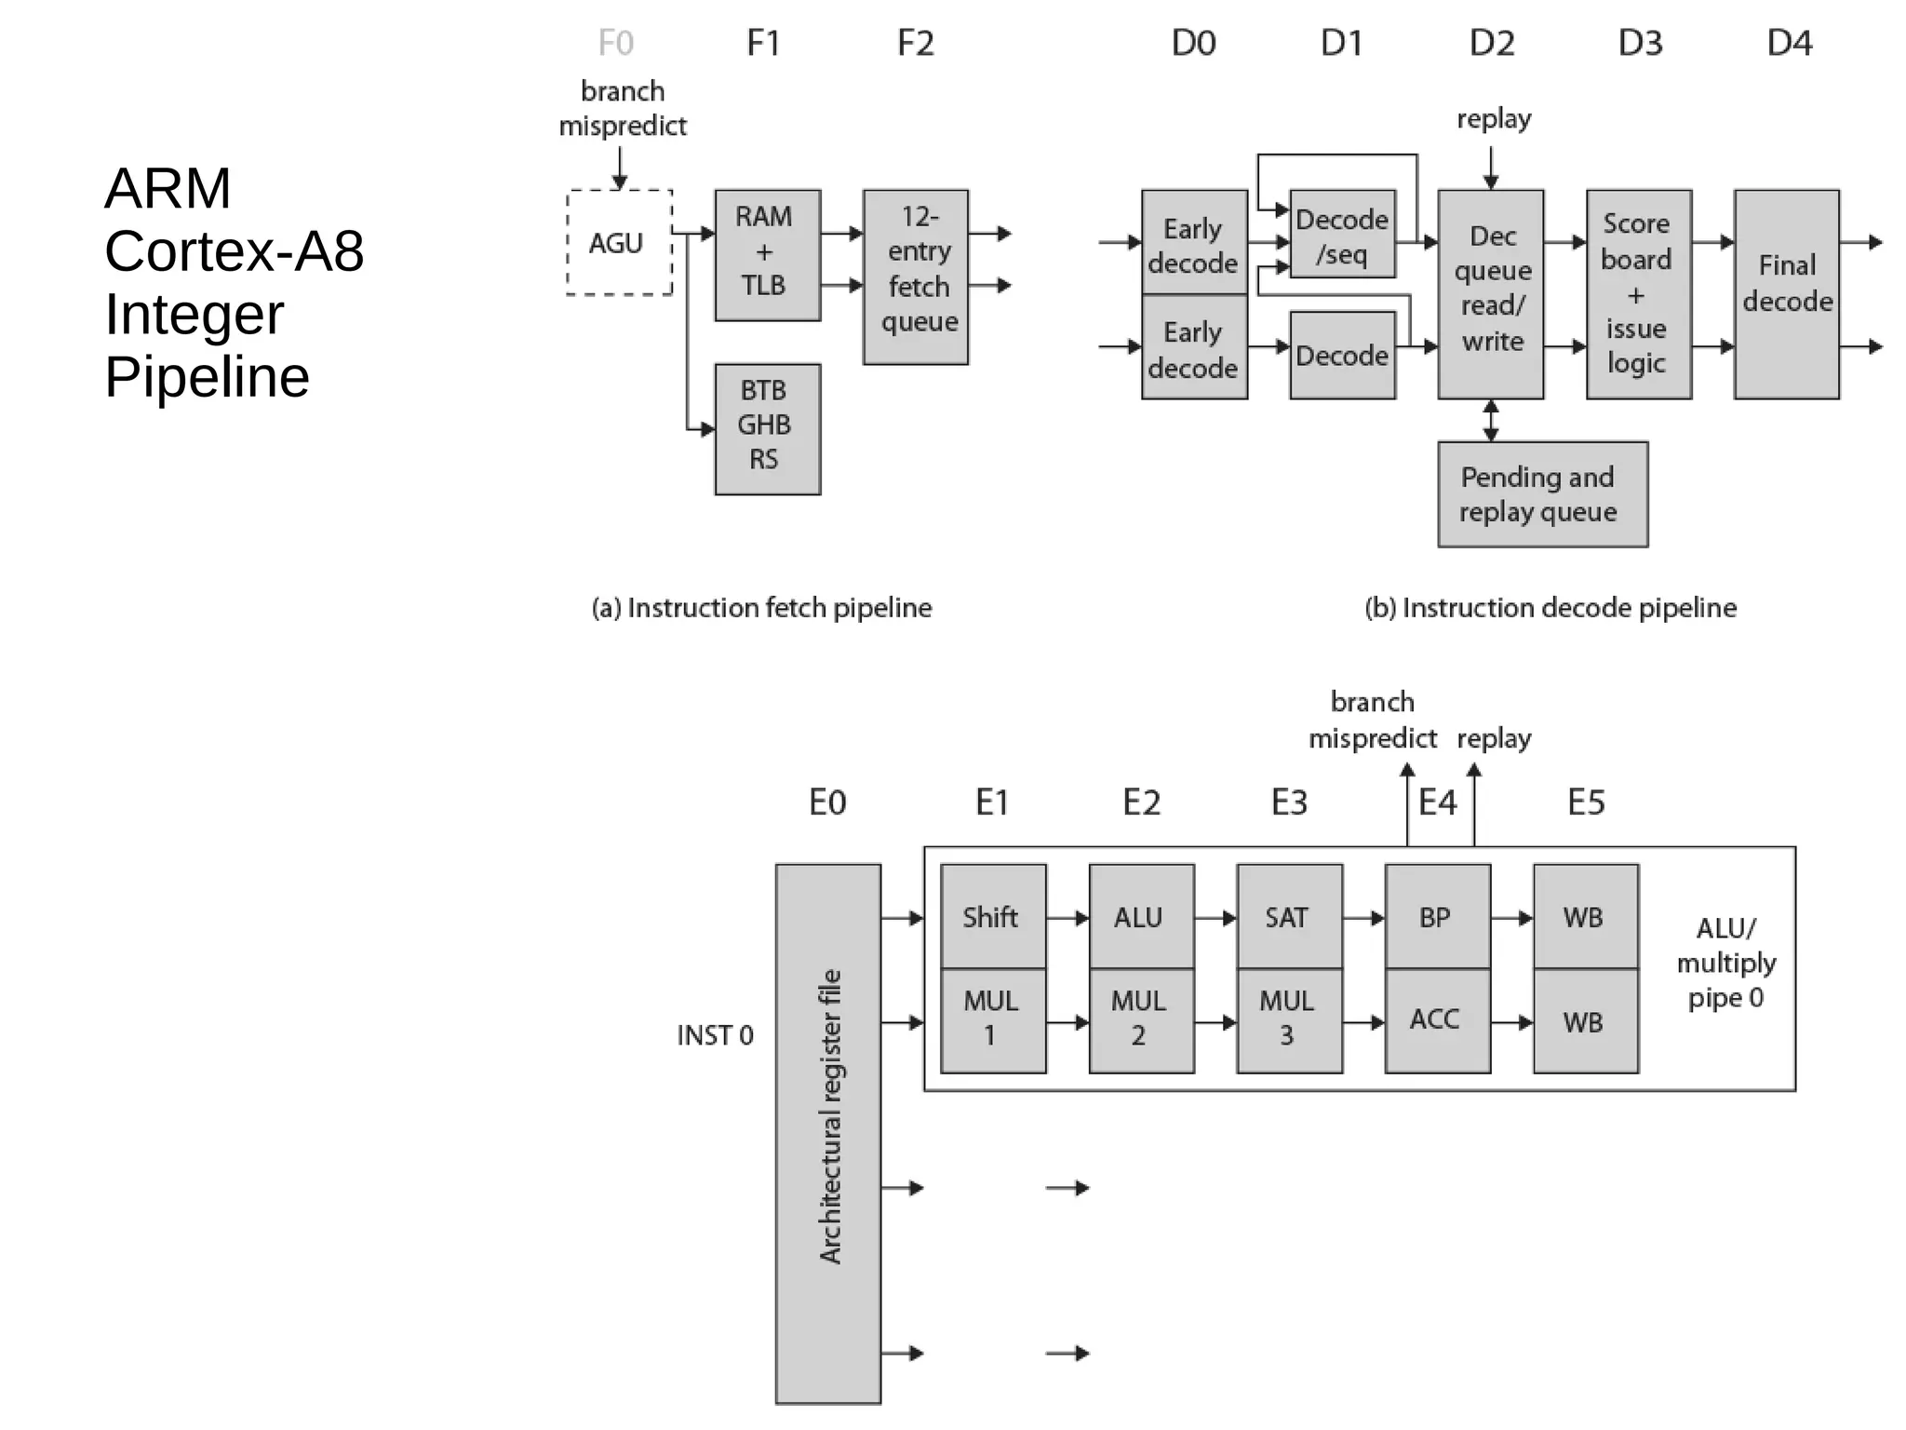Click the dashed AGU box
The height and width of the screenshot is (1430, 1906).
click(619, 243)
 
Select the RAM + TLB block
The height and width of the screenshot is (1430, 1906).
click(767, 255)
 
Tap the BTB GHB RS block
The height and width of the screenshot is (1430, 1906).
click(767, 428)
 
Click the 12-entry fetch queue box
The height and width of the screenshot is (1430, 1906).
click(915, 277)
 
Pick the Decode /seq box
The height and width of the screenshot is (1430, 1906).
click(1342, 235)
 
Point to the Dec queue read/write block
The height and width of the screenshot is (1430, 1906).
click(1490, 294)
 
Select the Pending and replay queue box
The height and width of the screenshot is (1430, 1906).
click(1542, 493)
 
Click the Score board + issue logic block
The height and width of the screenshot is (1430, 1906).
click(1638, 294)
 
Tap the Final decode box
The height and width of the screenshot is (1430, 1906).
click(1786, 294)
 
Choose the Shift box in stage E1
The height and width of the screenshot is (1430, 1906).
click(993, 917)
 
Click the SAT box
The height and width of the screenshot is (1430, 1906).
click(1289, 917)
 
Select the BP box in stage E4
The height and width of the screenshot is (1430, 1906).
click(1437, 917)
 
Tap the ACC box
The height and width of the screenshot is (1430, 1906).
click(1437, 1020)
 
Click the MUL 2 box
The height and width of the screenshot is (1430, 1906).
click(1141, 1020)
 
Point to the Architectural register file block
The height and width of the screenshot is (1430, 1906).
click(827, 1132)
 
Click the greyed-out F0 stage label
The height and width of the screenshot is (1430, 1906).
click(616, 44)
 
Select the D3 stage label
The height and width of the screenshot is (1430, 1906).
click(1640, 44)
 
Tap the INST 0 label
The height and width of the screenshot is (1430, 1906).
click(715, 1035)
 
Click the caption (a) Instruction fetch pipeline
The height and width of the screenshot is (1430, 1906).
click(761, 608)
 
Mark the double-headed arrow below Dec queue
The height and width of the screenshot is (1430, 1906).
click(1491, 421)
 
